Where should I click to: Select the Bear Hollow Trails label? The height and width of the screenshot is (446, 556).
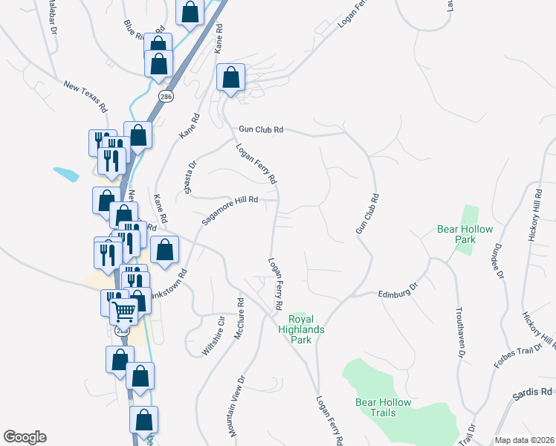click(x=384, y=407)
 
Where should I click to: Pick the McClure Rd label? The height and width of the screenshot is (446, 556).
click(x=239, y=320)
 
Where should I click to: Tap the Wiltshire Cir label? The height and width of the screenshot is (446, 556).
click(x=215, y=335)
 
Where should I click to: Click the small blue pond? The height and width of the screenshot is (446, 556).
click(x=66, y=175)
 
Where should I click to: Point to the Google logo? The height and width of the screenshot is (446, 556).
click(x=25, y=437)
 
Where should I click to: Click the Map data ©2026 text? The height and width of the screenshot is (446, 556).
click(x=525, y=440)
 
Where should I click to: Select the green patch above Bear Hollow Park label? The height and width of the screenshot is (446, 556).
click(x=467, y=215)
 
